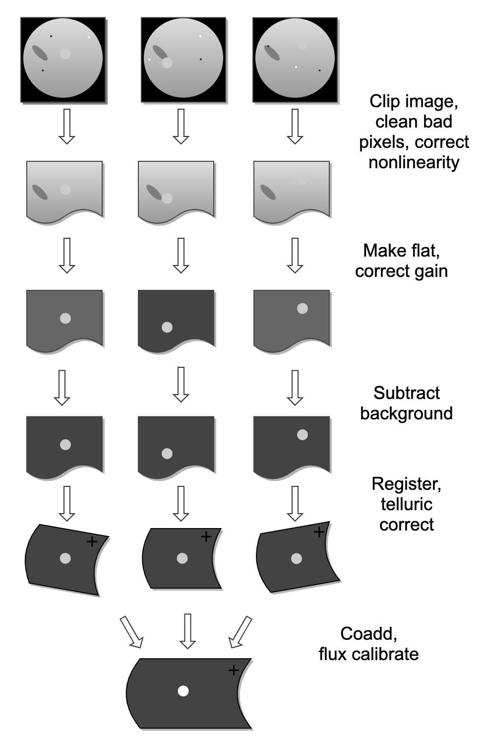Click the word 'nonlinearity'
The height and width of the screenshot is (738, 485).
point(414,162)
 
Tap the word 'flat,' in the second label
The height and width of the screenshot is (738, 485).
point(422,251)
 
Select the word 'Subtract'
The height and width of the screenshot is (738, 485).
point(406,393)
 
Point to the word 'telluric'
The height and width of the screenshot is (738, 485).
point(406,504)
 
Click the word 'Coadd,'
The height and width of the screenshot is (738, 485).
point(368,634)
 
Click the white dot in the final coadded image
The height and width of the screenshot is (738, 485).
point(183,691)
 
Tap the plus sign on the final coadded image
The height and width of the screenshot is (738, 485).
point(234,671)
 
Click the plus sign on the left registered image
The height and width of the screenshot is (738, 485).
point(92,541)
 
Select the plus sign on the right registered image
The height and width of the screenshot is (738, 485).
point(319,532)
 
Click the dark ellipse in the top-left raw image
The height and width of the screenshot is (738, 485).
point(40,53)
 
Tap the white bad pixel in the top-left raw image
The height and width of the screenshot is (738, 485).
point(89,37)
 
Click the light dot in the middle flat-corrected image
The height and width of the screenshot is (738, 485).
point(167,328)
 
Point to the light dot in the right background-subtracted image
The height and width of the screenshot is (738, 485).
point(302,435)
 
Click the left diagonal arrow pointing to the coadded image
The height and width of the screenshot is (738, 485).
point(131,632)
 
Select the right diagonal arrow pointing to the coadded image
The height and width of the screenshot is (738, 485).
point(241,632)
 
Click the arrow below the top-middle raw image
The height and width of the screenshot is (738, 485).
point(181,126)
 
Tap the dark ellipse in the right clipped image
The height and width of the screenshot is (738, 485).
point(268,192)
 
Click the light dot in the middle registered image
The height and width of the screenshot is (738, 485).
point(182,558)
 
